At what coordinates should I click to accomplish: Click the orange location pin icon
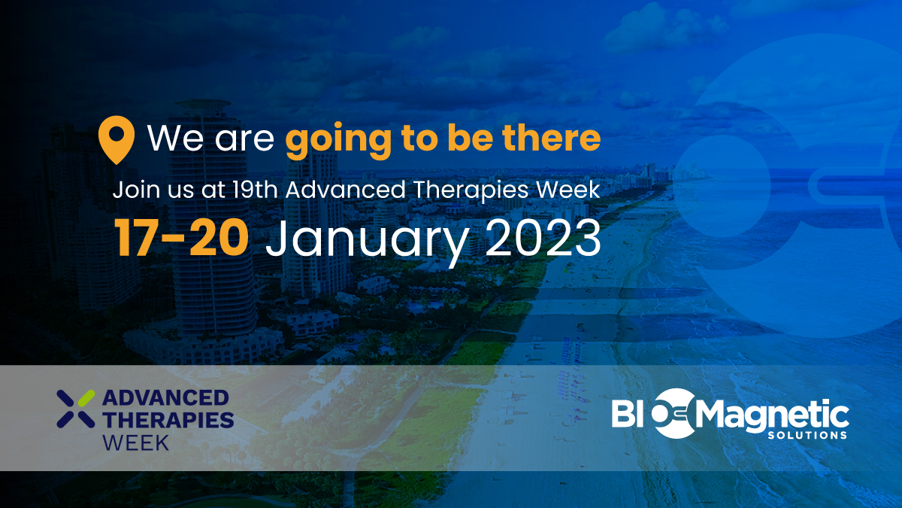click(x=117, y=139)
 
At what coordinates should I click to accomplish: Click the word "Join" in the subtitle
click(x=132, y=189)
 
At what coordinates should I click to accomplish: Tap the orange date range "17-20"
click(x=181, y=239)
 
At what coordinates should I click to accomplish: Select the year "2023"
click(x=542, y=239)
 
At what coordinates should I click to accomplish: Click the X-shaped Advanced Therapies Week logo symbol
click(x=76, y=408)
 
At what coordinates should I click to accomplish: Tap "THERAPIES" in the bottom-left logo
click(x=168, y=419)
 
